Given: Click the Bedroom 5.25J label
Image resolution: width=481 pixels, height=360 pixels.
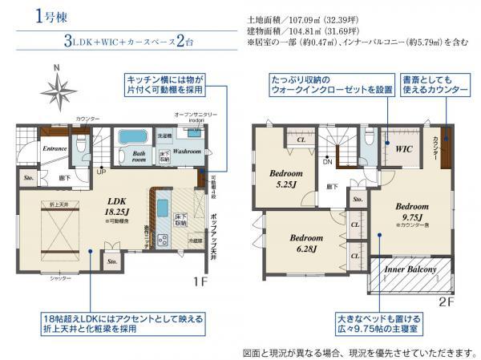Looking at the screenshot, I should point(285,177).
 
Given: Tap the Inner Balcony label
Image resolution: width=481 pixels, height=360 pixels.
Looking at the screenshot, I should point(411,270).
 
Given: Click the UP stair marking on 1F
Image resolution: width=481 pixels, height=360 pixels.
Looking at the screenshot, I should point(100,171).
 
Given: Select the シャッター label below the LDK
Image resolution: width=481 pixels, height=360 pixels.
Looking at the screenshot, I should point(61,277).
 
